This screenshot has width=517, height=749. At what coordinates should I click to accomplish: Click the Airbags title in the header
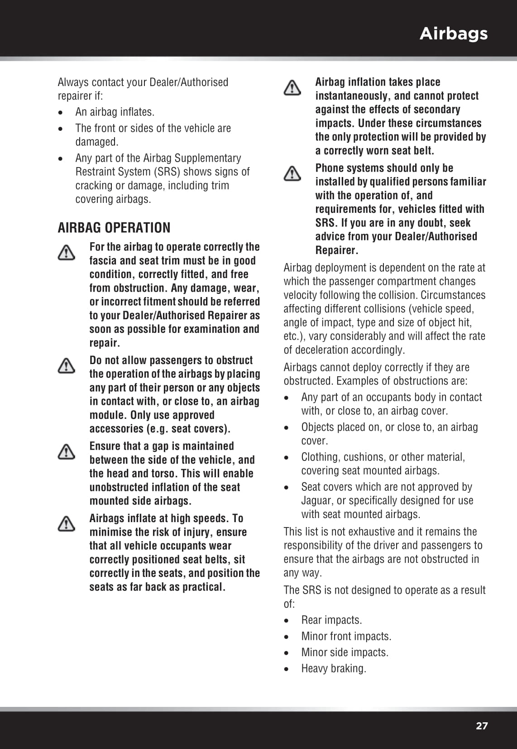pos(453,34)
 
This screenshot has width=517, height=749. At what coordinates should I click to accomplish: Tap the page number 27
pos(482,726)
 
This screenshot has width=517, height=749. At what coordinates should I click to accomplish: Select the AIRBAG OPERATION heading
pos(114,227)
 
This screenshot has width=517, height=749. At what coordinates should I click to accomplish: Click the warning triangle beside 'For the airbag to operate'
pos(67,253)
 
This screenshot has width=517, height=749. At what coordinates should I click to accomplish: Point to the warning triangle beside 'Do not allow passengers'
pos(67,366)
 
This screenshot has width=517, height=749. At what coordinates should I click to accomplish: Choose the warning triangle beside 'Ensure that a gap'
pos(67,451)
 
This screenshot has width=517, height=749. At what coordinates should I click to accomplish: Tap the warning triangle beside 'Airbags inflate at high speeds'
pos(67,524)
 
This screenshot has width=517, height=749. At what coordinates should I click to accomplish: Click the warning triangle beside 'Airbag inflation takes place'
pos(292,88)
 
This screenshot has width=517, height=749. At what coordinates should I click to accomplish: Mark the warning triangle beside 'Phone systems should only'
pos(292,173)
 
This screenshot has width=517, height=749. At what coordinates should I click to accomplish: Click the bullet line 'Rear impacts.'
pos(331,620)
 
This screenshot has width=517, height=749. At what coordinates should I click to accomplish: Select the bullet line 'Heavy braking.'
pos(334,668)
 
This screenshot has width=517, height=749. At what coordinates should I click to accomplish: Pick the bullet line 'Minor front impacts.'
pos(346,636)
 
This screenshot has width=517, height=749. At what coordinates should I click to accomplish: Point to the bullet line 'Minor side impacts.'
pos(345,653)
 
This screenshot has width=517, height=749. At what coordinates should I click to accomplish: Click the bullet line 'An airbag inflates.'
pos(115,112)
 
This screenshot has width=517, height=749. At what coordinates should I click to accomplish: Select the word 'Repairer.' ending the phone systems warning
pos(337,250)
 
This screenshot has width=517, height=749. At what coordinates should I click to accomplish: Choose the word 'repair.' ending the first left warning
pos(105,343)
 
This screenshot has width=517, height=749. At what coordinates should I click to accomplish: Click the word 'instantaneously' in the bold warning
pos(352,96)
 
